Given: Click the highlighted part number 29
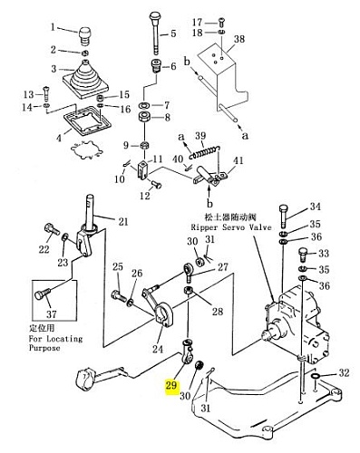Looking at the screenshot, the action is click(171, 385).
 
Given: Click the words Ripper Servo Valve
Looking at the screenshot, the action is click(231, 226).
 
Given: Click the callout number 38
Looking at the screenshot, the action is click(239, 39).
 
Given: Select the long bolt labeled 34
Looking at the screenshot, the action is click(283, 217).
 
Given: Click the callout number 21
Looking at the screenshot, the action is click(123, 222).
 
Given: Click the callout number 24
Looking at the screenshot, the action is click(158, 349).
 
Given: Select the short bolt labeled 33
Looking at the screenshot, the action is click(303, 254).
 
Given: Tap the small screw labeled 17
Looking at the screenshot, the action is click(221, 23).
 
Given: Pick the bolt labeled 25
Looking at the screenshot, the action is click(120, 295).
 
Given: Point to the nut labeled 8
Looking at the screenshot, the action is click(145, 117).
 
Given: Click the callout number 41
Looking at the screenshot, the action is click(238, 160).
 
